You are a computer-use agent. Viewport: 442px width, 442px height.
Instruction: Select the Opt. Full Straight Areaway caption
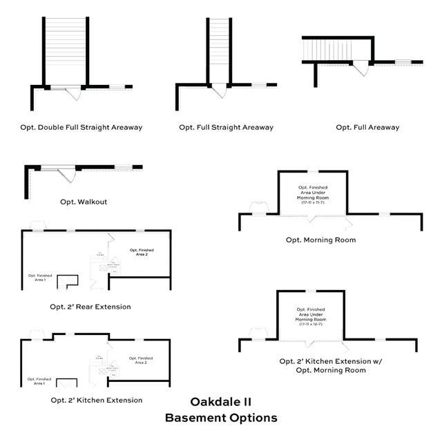(x=226, y=127)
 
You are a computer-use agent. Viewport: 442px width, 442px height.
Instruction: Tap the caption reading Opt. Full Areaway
(x=367, y=127)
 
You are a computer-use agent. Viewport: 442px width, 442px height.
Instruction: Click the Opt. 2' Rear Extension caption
(x=90, y=306)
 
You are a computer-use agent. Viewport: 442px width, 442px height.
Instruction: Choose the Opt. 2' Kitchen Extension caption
(x=96, y=400)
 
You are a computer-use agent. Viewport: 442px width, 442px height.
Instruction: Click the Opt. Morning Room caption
(x=321, y=240)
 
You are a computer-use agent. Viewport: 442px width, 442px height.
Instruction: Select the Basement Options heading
(x=221, y=418)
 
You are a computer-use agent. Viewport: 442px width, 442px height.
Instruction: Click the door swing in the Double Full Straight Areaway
(x=74, y=95)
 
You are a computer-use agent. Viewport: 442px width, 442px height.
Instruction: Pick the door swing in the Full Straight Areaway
(x=218, y=91)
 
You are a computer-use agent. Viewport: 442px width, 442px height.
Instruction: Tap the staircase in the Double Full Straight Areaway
(x=66, y=49)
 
